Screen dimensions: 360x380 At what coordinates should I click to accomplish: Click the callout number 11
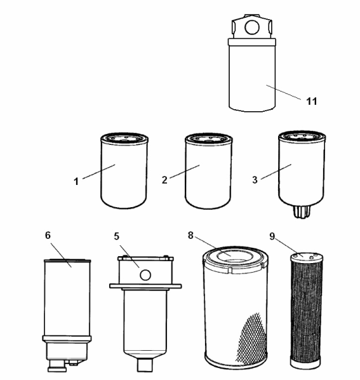pos(312,101)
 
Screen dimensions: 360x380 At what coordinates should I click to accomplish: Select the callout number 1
pos(76,181)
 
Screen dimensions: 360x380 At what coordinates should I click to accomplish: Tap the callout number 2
pos(164,180)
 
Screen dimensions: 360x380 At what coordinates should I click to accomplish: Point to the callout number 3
pos(255,180)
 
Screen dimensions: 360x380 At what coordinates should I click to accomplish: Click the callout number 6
pos(48,235)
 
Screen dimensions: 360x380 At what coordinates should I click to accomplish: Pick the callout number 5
pos(117,236)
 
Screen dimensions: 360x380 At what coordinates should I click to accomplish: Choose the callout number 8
pos(190,235)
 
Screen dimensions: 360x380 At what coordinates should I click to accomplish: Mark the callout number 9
pos(272,236)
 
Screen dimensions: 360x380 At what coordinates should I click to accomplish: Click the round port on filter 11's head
pos(252,27)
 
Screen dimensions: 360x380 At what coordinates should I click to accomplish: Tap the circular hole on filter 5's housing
pos(145,275)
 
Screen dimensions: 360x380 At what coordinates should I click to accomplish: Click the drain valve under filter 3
pos(302,212)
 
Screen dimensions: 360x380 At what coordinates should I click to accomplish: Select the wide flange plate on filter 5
pos(145,286)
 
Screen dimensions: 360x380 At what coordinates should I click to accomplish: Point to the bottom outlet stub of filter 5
pos(145,365)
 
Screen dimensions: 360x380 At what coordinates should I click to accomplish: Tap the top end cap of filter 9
pos(307,256)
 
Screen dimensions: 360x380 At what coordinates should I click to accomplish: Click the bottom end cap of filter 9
pos(305,364)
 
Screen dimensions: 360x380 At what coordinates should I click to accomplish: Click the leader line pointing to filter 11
pos(284,92)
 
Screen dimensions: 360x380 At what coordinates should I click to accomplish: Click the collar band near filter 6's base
pos(67,338)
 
